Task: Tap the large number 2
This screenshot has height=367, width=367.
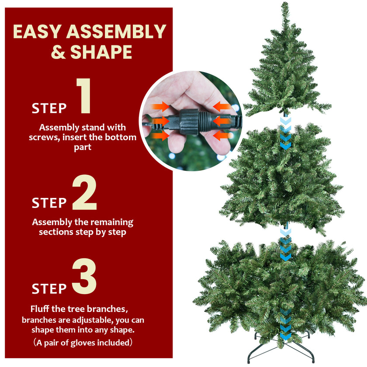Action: [x=84, y=193]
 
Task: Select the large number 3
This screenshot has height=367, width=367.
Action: [x=84, y=278]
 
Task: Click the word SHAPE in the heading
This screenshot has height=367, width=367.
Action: [x=101, y=52]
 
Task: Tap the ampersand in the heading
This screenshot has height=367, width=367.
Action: [x=58, y=52]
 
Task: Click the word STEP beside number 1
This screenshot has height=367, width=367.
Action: [x=49, y=108]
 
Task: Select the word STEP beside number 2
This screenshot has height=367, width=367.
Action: [x=49, y=203]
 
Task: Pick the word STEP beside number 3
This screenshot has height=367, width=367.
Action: [x=49, y=289]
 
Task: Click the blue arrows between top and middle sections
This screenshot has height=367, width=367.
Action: [x=285, y=133]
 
